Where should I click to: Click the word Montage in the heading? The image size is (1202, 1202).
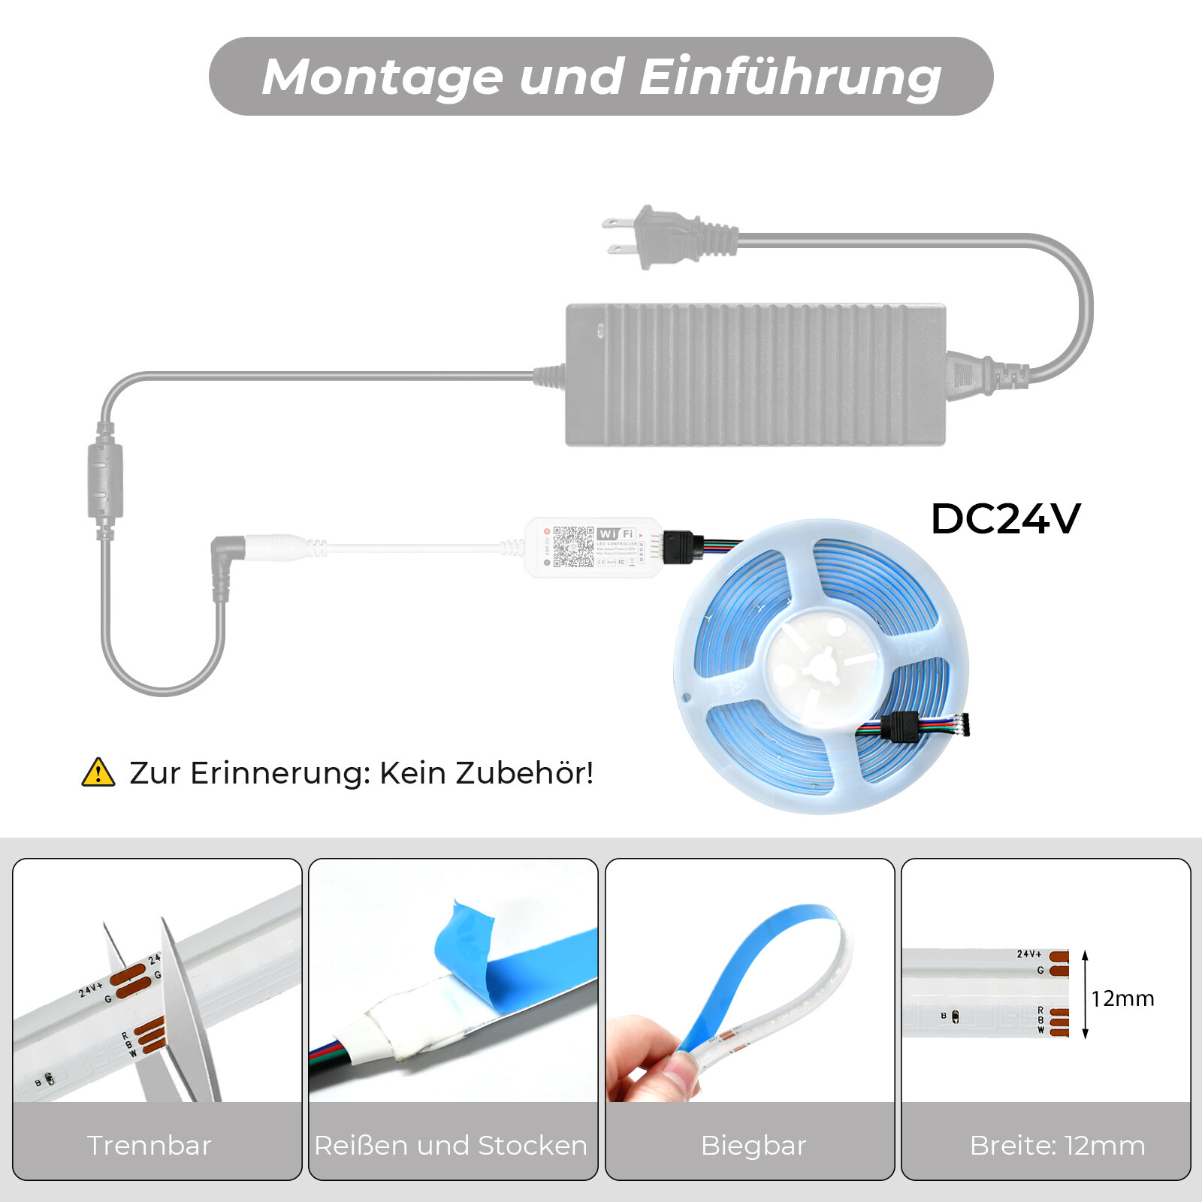(x=382, y=77)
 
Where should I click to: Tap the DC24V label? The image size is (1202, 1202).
(x=1005, y=519)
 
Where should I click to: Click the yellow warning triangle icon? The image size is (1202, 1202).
(x=98, y=773)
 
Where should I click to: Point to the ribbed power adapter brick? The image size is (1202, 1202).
(x=755, y=375)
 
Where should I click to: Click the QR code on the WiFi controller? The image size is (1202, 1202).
(x=573, y=546)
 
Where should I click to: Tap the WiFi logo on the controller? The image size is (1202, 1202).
(x=616, y=534)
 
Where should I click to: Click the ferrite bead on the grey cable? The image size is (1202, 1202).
(x=105, y=481)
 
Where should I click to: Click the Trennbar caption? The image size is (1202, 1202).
(x=149, y=1146)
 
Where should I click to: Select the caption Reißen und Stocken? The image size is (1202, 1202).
(x=451, y=1146)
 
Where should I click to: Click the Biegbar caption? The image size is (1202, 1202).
(x=753, y=1146)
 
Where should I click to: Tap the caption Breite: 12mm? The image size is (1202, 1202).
(x=1057, y=1146)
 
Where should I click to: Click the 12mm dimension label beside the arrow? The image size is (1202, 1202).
(x=1122, y=998)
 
